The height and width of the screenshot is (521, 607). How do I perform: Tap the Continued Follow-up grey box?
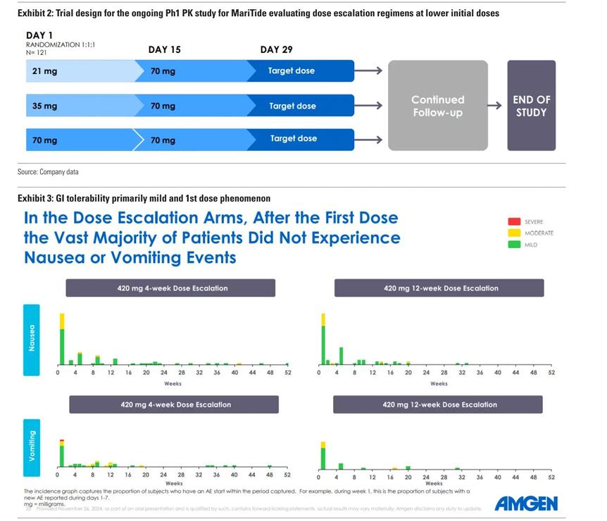tap(437, 106)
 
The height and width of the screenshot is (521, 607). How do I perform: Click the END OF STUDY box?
tap(531, 106)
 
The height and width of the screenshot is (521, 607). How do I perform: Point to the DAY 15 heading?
tap(164, 49)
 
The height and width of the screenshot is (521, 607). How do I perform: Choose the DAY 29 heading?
tap(276, 49)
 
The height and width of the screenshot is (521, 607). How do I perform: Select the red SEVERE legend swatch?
tap(514, 221)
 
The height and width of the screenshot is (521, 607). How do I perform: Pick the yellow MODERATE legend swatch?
tap(514, 233)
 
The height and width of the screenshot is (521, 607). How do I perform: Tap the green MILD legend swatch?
tap(514, 245)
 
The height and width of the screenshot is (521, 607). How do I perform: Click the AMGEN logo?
tap(525, 503)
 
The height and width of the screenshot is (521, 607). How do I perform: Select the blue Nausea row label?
tap(32, 339)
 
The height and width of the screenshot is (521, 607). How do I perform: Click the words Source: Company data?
tap(48, 172)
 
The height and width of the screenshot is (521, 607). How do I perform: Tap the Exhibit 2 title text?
tap(258, 13)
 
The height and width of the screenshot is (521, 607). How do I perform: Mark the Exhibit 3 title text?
tap(144, 199)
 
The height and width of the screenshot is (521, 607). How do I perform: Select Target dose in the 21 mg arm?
tap(291, 71)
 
